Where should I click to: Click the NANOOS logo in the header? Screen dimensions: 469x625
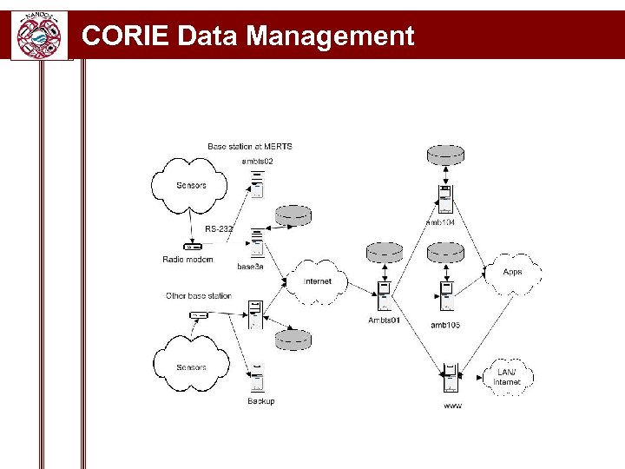pyautogui.click(x=39, y=35)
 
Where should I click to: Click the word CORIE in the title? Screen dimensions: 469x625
pyautogui.click(x=124, y=36)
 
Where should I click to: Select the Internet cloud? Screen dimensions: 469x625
pyautogui.click(x=317, y=281)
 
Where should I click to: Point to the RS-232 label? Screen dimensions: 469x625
pyautogui.click(x=219, y=228)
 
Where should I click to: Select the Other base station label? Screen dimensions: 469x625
pyautogui.click(x=199, y=296)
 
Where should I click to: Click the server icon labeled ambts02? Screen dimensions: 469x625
pyautogui.click(x=257, y=184)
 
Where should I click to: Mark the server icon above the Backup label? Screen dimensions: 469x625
pyautogui.click(x=257, y=380)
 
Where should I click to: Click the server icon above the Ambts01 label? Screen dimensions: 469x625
pyautogui.click(x=384, y=295)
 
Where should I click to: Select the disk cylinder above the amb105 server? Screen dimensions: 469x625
pyautogui.click(x=446, y=252)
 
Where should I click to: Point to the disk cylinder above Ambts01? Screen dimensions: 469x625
pyautogui.click(x=385, y=252)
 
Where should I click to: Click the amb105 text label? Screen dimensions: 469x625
pyautogui.click(x=445, y=325)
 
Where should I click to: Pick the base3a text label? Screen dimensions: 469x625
pyautogui.click(x=250, y=267)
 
